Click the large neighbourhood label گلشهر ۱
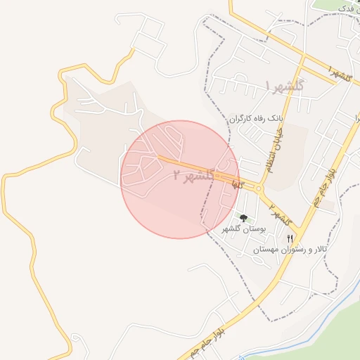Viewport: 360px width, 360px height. [x=284, y=86]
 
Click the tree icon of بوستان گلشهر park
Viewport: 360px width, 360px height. [x=243, y=219]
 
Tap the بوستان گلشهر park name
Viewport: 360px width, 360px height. [x=243, y=230]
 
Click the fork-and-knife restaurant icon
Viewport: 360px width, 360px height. [x=290, y=239]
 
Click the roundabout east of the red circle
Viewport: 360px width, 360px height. [x=259, y=189]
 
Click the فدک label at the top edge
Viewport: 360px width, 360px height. [x=347, y=8]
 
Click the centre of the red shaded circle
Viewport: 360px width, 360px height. [x=180, y=179]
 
